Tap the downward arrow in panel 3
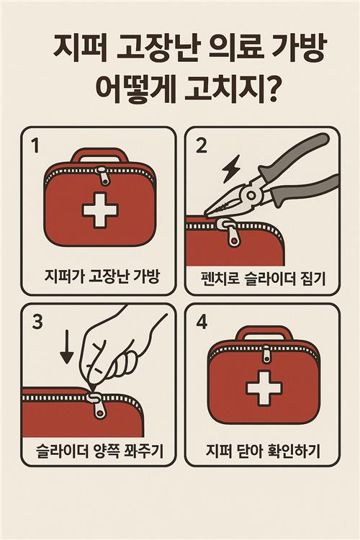[66, 347]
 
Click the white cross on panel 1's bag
[100, 210]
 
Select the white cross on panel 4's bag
[264, 388]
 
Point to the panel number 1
[35, 145]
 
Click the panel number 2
[201, 145]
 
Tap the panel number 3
[37, 322]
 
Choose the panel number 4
[202, 322]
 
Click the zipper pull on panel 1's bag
[103, 176]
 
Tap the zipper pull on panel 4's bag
[266, 354]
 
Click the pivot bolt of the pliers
[251, 196]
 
